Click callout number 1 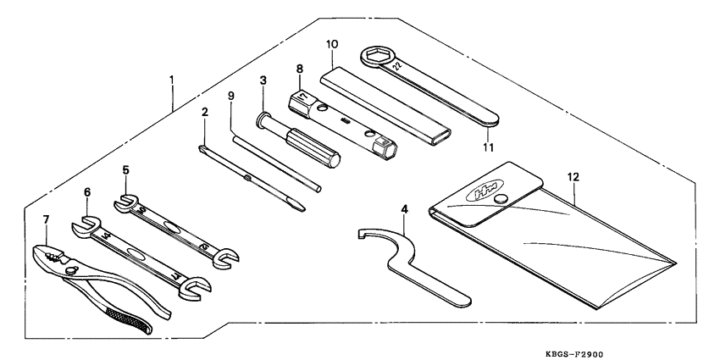point(172,81)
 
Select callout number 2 point(204,112)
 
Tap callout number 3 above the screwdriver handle point(263,80)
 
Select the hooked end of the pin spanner point(367,235)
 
